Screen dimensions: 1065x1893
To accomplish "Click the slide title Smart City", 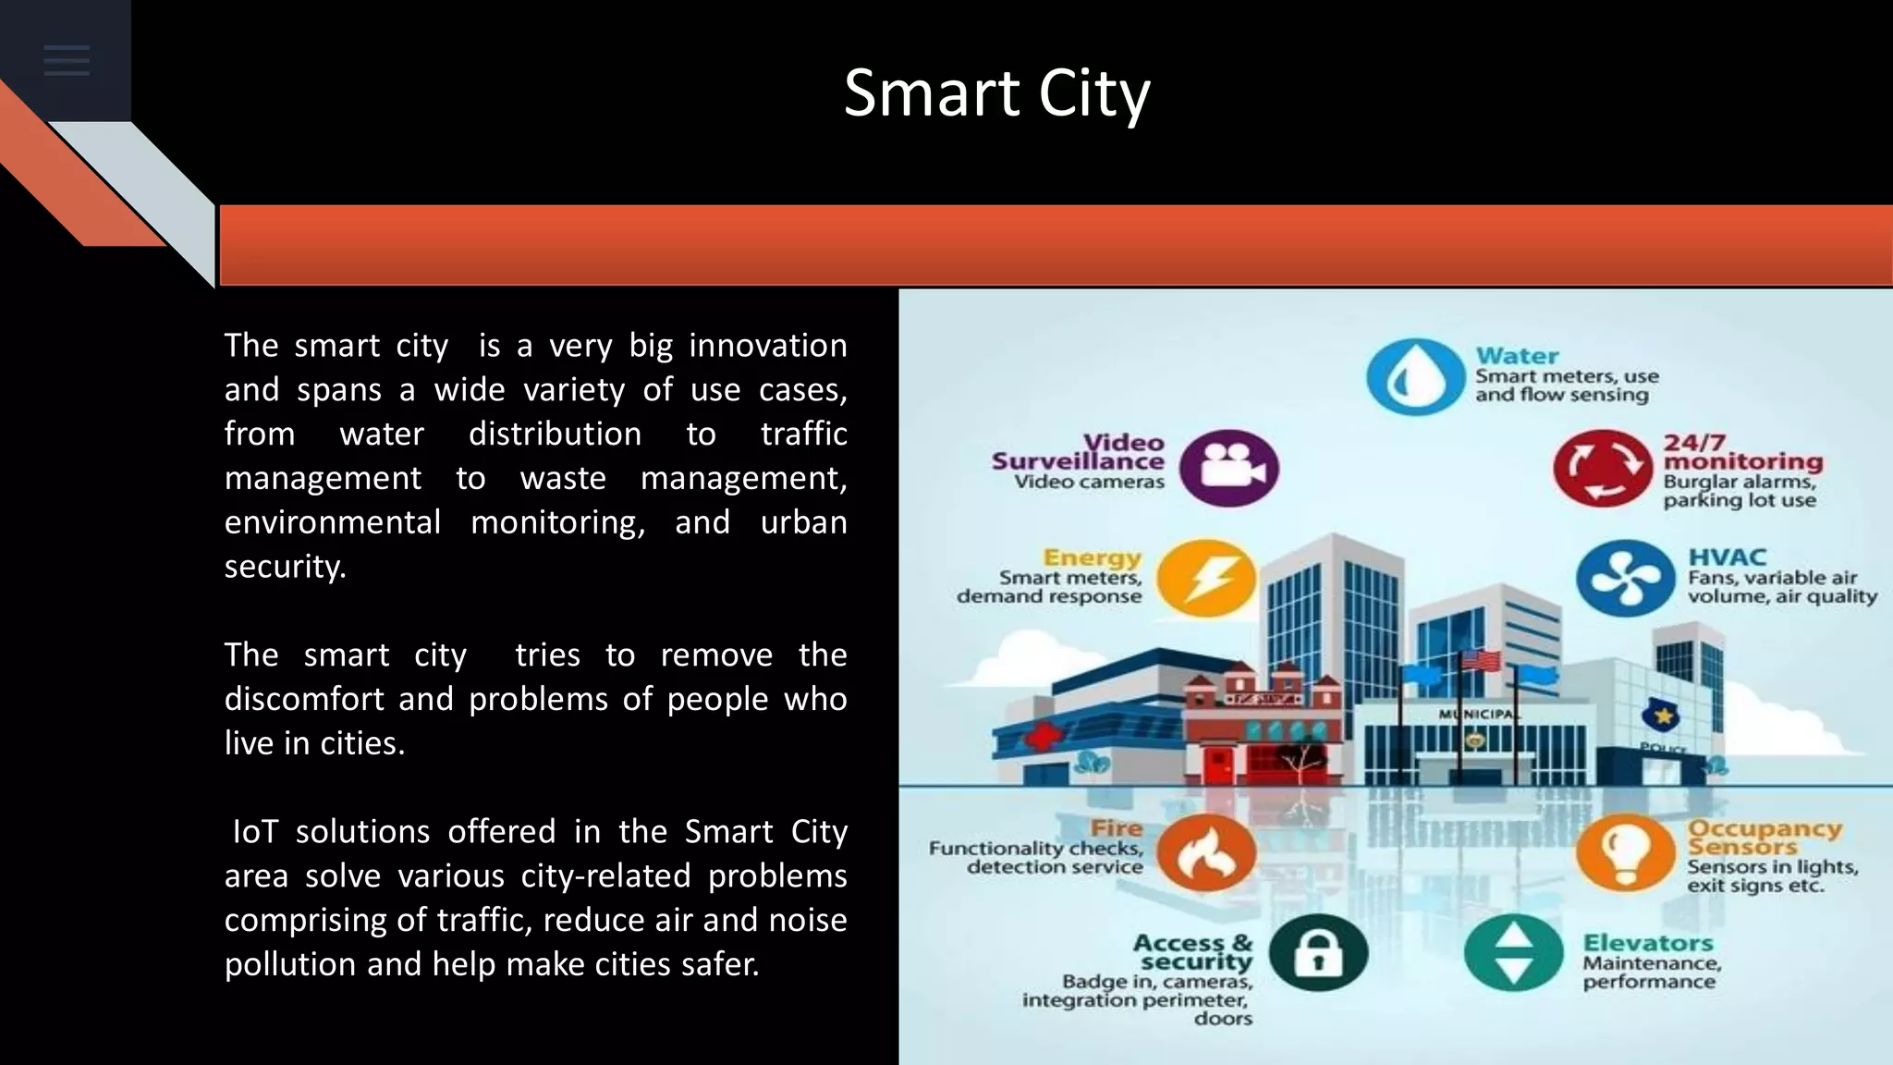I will [x=996, y=93].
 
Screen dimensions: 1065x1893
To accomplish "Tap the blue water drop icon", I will [x=1415, y=376].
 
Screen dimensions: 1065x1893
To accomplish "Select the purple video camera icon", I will [x=1229, y=468].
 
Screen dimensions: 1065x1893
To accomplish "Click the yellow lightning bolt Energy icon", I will [x=1206, y=579].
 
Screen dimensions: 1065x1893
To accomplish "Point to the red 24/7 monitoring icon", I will [x=1602, y=468].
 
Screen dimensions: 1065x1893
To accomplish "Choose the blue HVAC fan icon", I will [x=1625, y=579].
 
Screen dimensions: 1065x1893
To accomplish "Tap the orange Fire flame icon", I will [x=1206, y=852].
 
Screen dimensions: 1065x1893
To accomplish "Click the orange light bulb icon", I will [x=1625, y=852].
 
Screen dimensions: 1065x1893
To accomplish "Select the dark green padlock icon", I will [x=1318, y=952].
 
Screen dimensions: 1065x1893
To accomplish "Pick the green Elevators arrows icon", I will [x=1513, y=952].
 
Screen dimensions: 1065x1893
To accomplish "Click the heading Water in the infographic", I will [x=1517, y=355].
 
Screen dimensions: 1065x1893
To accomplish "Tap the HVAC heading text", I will [x=1727, y=557].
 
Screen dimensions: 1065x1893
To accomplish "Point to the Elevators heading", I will [x=1648, y=943].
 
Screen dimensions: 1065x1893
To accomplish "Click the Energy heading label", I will [x=1092, y=557].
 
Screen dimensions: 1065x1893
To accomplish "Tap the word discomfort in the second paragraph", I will [x=306, y=699].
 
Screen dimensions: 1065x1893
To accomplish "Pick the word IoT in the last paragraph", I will [x=255, y=832].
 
